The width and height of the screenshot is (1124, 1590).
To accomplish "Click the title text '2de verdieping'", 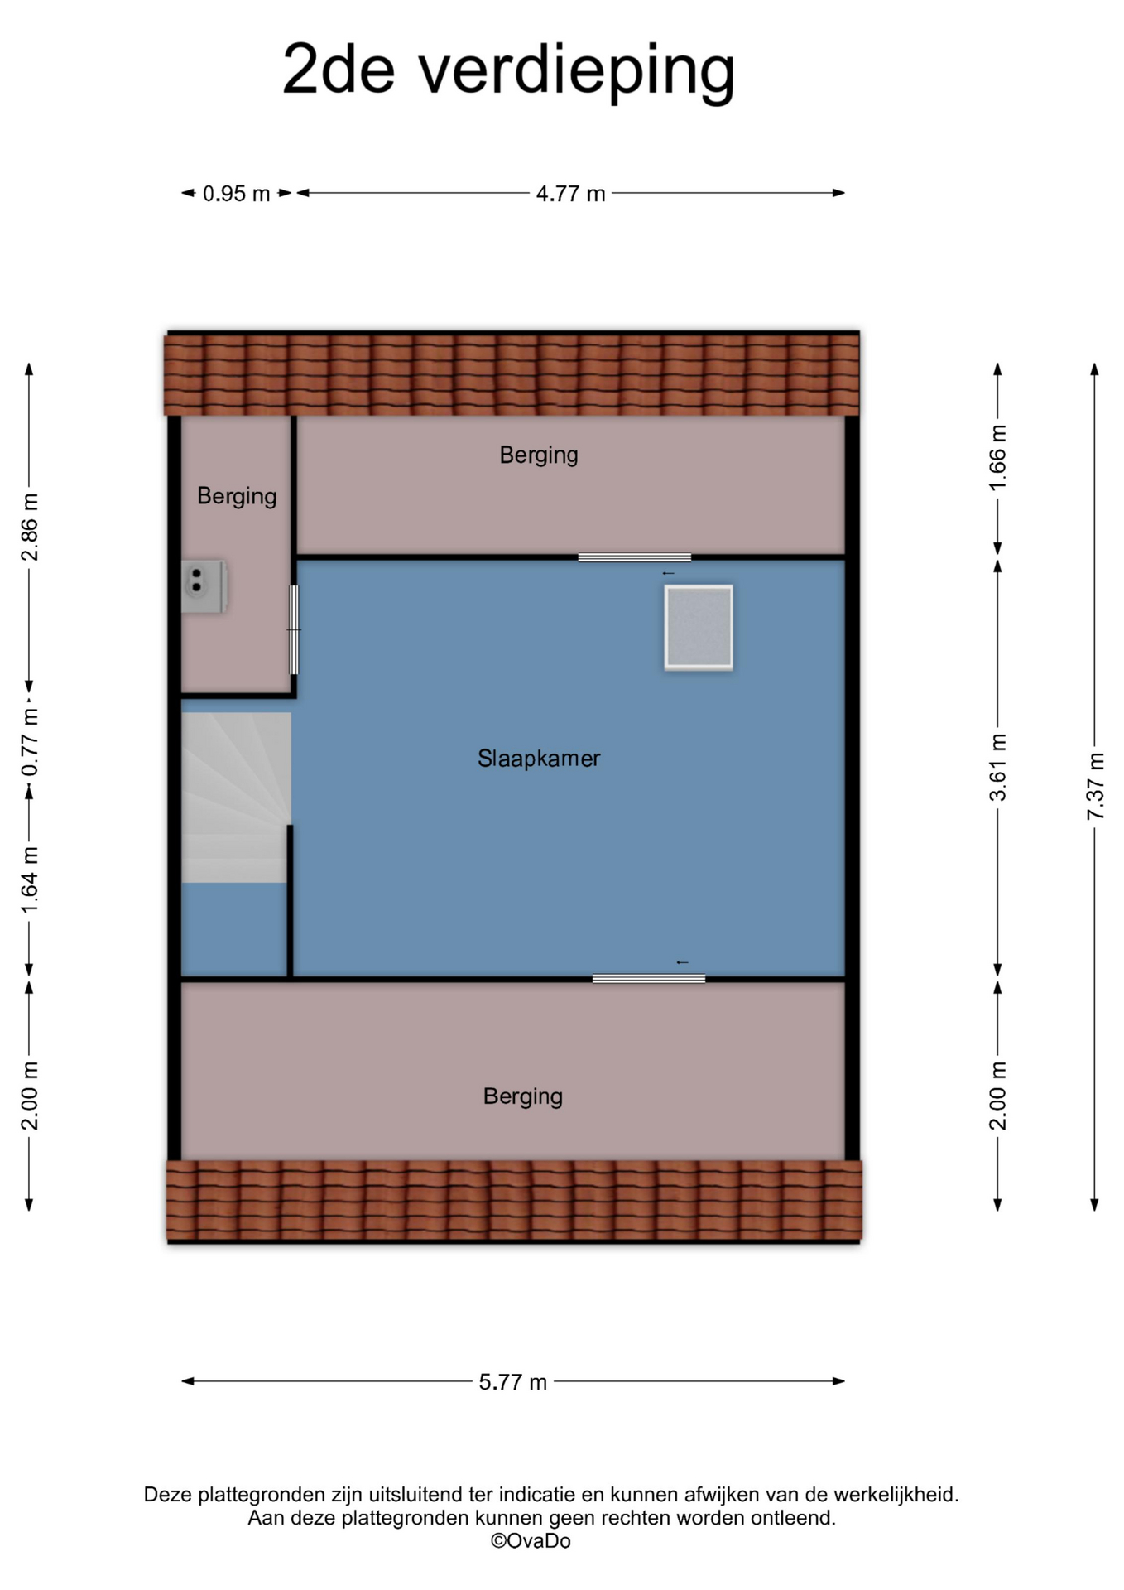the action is coord(508,71).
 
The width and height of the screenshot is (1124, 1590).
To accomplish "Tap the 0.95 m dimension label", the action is coord(237,194).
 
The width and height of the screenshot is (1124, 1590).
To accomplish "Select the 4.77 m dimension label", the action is coord(570,194).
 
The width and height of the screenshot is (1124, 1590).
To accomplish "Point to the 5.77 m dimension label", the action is coord(513,1382).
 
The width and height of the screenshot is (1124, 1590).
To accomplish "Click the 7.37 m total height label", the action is coord(1095,786).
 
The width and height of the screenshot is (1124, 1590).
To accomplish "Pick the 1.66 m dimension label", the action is coord(998,457).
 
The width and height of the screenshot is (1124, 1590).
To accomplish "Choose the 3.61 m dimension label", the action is coord(998,768).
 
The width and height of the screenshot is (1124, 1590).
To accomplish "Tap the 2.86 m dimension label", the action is coord(30,527).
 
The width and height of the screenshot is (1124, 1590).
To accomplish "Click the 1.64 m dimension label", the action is coord(30,880).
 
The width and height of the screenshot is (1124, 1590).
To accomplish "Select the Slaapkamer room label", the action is coord(539,759).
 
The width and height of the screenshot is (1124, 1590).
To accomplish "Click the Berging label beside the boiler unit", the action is coord(237,497).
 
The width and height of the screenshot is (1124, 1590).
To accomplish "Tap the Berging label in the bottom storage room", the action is coord(523,1097).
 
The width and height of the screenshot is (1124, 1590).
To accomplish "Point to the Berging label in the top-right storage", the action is coord(539,455).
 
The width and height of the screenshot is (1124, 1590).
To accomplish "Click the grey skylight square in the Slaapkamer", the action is coord(699,628).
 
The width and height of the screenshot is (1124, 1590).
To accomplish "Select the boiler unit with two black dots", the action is coord(204,587).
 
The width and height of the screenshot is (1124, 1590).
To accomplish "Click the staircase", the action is coord(236,797).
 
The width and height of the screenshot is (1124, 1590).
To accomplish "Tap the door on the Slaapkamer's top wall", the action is coord(634,557).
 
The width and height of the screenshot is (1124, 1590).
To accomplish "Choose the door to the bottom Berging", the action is coord(649,979).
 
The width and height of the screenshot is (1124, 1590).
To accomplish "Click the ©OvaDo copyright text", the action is coord(531,1541).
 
